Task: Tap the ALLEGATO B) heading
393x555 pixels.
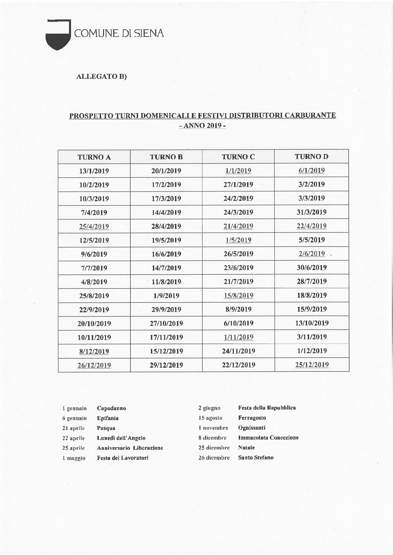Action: click(x=101, y=77)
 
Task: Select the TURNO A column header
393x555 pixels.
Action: click(x=94, y=157)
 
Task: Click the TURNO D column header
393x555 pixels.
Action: click(x=311, y=157)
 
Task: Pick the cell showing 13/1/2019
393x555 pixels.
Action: click(x=94, y=171)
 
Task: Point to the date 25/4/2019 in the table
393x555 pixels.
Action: click(x=94, y=227)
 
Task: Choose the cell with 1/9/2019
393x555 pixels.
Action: click(x=166, y=296)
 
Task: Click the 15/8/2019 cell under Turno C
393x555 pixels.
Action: click(x=238, y=295)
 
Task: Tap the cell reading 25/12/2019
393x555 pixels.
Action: click(x=312, y=365)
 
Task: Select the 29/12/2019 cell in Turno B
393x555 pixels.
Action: click(x=166, y=365)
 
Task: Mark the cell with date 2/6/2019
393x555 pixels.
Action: click(x=311, y=254)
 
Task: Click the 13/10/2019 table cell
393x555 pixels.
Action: click(x=312, y=323)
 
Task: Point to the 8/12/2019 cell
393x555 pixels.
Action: click(x=94, y=351)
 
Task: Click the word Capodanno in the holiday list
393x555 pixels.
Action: click(x=111, y=408)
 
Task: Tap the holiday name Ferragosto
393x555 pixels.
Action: click(x=252, y=418)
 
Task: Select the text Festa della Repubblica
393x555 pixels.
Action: click(x=267, y=408)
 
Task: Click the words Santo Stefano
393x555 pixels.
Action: click(x=256, y=458)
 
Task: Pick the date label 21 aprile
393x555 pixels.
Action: click(x=73, y=428)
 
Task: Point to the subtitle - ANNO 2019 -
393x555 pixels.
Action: click(x=202, y=126)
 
